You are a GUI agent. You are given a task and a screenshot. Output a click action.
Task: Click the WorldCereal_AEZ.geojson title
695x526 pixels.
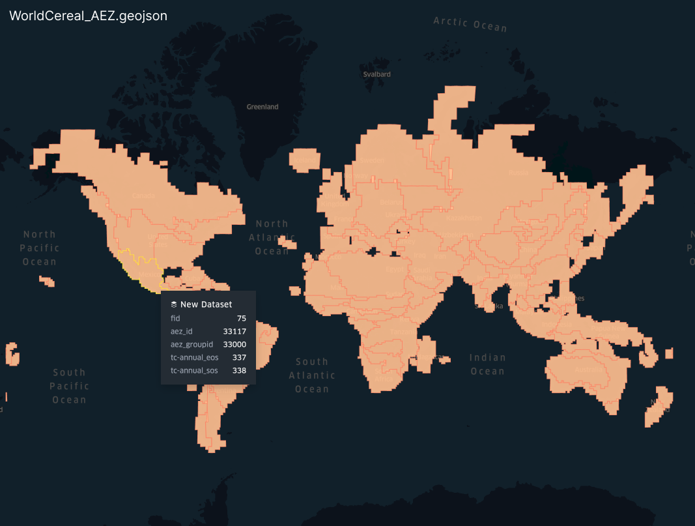88,16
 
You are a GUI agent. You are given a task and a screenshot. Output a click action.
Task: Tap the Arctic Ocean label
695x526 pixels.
470,23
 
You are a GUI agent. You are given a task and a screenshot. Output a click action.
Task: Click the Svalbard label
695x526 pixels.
377,74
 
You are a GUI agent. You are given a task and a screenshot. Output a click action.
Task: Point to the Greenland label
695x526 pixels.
262,107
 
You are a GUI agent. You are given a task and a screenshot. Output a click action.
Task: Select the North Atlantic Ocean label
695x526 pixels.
272,237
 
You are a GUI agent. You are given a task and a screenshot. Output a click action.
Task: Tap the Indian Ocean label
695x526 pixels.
487,364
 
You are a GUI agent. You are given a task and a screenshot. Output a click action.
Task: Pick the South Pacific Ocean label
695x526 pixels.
69,386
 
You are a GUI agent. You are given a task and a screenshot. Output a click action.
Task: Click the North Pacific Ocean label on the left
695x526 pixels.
40,248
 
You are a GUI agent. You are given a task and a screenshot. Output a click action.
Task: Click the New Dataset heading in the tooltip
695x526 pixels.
206,304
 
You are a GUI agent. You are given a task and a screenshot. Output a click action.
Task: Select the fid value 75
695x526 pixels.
241,318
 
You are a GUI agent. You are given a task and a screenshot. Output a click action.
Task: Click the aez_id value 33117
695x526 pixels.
234,331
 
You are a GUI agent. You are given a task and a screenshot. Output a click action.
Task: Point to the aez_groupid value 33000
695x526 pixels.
234,344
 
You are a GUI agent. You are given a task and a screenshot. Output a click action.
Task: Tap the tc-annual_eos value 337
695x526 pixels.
239,357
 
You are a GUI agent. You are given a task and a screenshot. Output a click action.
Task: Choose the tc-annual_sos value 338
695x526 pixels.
239,370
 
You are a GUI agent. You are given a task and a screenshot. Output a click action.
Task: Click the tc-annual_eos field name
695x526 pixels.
194,357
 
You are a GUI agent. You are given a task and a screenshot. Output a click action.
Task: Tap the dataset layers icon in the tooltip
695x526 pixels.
174,304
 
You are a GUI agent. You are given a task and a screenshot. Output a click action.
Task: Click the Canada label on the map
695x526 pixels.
143,196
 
